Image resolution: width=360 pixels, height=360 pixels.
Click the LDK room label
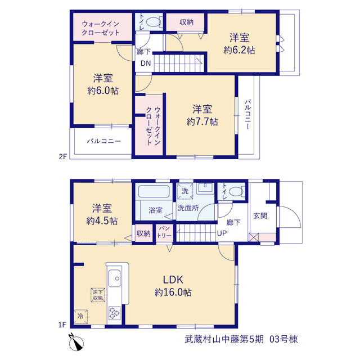coord(173,280)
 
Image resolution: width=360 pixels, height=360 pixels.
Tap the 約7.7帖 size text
coord(202,121)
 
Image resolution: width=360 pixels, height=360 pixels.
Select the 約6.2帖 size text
coord(239,50)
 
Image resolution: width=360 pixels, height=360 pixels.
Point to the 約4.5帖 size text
coord(102,221)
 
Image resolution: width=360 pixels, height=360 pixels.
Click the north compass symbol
coord(76,342)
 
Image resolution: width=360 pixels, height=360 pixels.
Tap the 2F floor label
coord(62,156)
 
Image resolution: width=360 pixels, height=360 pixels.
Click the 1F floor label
coord(62,325)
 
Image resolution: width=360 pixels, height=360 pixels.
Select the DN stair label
coord(146,63)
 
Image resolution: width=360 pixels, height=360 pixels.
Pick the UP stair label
coord(222,233)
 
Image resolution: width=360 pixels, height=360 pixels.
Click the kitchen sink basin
coord(114,278)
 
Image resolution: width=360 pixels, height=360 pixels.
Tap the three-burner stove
coord(114,313)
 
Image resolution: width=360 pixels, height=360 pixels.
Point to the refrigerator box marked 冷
coord(80,317)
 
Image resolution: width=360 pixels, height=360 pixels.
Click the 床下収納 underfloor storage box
coord(98,295)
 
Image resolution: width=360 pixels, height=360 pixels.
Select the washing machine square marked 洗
coord(185,191)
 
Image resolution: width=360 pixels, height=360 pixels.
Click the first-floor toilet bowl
coord(236,191)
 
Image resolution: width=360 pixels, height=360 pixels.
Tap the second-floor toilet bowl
coord(154,22)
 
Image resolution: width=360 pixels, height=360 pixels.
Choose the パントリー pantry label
coord(164,232)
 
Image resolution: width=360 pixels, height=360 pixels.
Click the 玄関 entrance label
coord(260,216)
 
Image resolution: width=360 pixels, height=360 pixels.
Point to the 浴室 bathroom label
coord(155,210)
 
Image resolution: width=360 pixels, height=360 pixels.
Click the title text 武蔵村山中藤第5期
coord(224,339)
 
